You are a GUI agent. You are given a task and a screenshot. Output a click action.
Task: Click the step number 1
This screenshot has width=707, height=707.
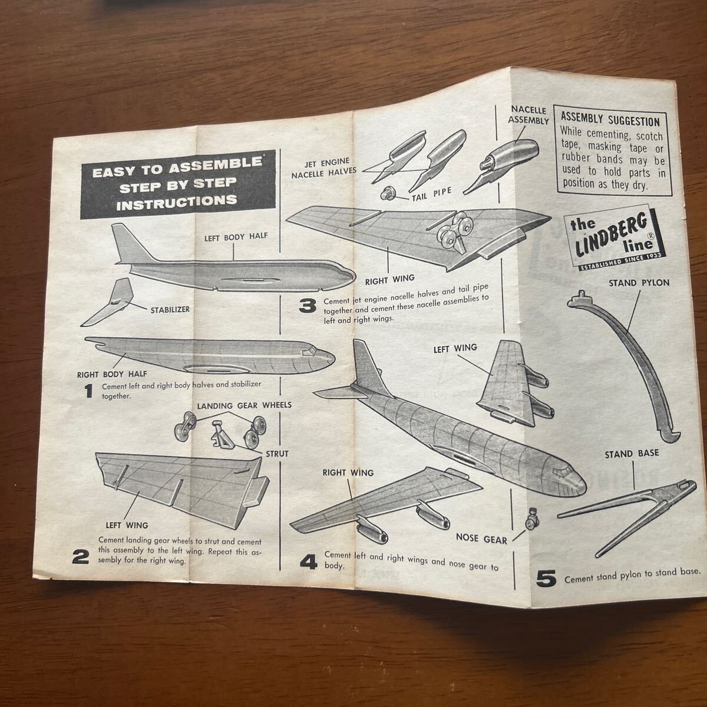click(x=88, y=391)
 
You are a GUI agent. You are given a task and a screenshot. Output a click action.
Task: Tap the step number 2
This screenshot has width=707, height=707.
click(x=81, y=556)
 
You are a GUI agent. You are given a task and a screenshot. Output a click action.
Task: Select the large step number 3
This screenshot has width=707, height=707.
click(x=307, y=305)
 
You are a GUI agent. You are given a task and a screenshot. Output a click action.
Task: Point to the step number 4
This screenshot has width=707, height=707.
click(x=308, y=561)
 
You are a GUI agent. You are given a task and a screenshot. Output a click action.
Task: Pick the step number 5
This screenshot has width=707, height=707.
click(x=546, y=577)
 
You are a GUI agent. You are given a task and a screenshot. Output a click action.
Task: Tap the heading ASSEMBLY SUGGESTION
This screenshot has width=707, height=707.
click(x=610, y=121)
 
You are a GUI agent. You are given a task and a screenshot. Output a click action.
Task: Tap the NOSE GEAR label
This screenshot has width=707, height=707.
click(x=481, y=537)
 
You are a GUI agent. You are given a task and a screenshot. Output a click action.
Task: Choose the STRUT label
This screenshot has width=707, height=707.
click(x=276, y=454)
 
